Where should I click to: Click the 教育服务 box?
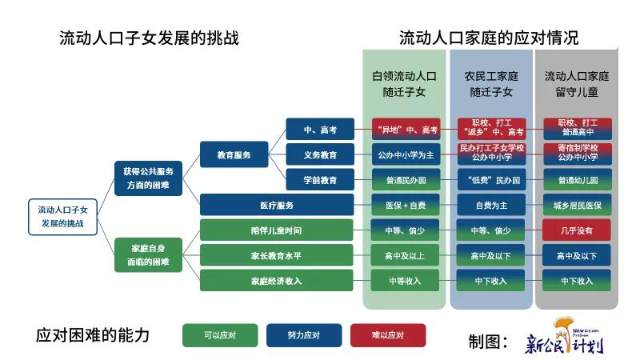point(234,154)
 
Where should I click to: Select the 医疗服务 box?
point(277,206)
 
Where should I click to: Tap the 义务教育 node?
point(320,154)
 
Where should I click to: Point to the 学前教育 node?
point(320,180)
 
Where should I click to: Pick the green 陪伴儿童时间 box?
point(277,231)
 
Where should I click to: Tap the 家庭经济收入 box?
point(277,281)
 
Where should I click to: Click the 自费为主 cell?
point(491,206)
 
